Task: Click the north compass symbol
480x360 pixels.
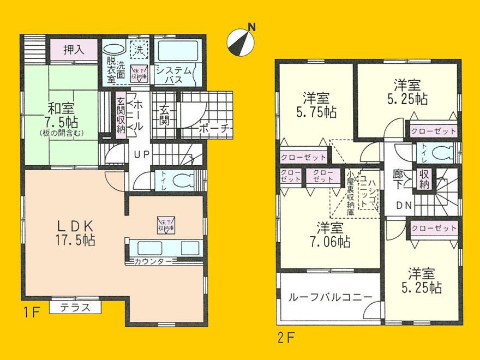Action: (x=240, y=41)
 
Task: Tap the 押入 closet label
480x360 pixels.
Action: (x=73, y=50)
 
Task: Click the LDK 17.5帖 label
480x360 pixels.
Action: (x=76, y=232)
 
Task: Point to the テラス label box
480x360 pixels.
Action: (x=75, y=307)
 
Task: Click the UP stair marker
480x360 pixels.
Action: (x=142, y=154)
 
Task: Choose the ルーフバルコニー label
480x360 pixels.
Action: (x=331, y=298)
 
